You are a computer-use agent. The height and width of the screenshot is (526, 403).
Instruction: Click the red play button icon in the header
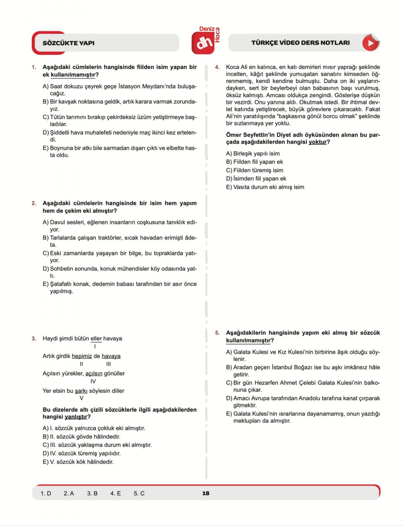370,43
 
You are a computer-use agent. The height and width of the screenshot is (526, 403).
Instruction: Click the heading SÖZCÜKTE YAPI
69,43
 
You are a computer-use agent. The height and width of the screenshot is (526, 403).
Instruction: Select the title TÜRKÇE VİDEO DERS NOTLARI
301,43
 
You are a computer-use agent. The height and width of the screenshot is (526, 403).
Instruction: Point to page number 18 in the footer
206,493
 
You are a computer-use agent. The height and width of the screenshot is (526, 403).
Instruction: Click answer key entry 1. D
46,493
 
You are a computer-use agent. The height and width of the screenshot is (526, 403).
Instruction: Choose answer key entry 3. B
92,493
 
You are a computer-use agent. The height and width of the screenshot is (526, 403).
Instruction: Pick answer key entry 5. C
139,493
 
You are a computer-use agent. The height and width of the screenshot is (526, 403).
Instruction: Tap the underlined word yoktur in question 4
318,142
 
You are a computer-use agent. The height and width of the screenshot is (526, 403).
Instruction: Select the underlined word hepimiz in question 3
82,356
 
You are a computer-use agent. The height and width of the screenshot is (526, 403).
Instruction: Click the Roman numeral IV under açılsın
93,381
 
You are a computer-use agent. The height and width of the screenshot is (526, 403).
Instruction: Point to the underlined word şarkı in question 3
81,391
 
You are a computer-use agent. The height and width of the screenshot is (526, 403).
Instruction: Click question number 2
34,203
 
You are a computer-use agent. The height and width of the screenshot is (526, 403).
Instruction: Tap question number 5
217,333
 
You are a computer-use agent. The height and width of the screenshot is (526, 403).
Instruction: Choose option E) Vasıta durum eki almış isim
265,187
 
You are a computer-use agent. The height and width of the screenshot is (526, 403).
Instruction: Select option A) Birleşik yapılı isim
253,154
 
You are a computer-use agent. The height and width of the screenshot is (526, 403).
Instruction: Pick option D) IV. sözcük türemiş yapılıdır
82,454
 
